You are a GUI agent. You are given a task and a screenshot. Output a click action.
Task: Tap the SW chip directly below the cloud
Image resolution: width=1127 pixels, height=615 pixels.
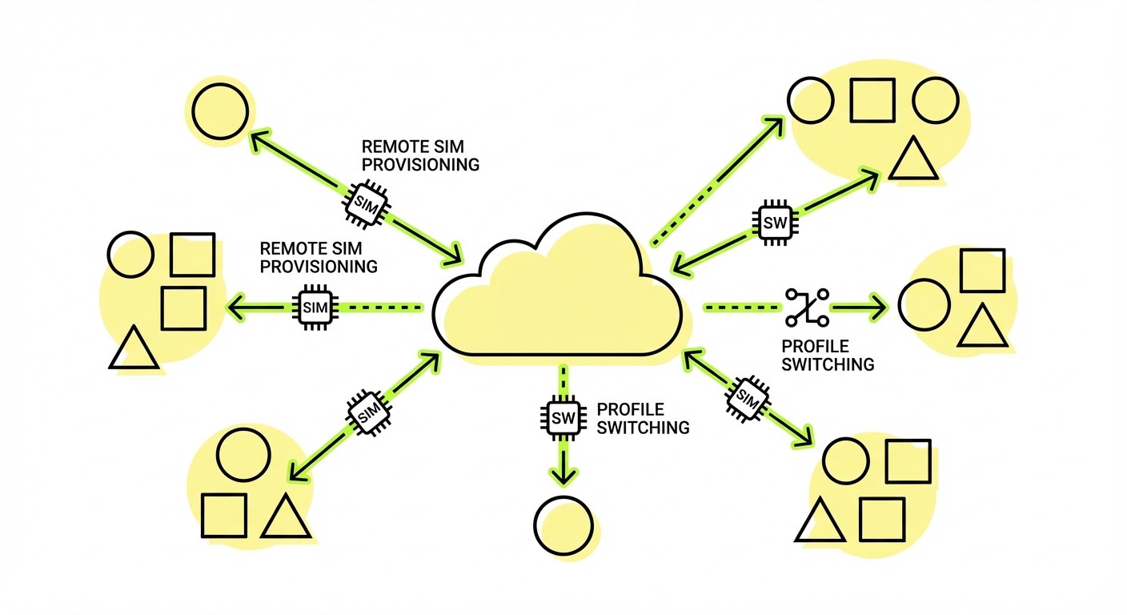[563, 416]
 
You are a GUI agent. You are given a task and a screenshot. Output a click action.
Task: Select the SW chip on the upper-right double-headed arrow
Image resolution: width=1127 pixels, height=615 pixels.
[775, 222]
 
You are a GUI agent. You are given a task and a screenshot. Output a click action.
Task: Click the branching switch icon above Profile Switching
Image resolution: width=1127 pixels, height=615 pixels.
[807, 307]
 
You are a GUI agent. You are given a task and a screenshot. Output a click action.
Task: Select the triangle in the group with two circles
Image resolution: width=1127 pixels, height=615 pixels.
[913, 159]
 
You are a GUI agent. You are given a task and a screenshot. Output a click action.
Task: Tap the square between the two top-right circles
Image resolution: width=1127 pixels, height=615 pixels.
[872, 100]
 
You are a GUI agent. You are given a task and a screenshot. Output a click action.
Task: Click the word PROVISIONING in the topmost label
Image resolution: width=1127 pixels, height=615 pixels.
[420, 165]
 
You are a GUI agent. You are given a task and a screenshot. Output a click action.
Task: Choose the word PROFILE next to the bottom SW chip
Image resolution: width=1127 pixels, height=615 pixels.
[630, 409]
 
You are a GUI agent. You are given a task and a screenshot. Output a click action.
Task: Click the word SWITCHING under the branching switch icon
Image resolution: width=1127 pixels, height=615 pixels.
[828, 364]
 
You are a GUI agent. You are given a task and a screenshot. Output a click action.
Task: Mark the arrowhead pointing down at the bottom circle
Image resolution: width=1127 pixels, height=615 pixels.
[563, 475]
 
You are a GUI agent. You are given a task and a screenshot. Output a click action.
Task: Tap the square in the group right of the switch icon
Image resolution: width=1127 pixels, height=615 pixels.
[981, 271]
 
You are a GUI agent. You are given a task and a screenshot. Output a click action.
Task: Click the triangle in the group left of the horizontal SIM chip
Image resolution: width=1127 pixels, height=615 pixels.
[134, 348]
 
